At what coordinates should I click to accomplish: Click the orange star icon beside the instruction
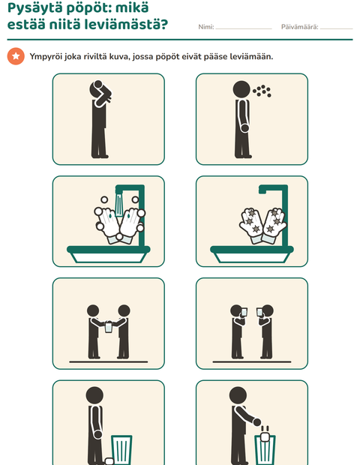coord(16,56)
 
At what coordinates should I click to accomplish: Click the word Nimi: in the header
coord(206,27)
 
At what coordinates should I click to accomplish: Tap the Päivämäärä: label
coord(299,27)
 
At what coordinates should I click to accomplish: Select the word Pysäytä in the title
coord(34,8)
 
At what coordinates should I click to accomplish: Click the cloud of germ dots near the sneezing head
coord(262,91)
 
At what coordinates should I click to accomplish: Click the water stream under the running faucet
coord(119,205)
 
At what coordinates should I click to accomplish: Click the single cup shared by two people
coord(109,327)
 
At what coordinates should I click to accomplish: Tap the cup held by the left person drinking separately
coord(244,312)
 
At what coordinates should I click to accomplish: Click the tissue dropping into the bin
coord(265,436)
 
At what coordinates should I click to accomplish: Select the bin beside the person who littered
coord(121,450)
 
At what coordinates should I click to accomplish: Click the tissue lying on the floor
coord(109,461)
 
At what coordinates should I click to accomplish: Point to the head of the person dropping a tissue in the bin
coord(238,395)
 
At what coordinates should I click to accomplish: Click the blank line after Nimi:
coord(244,28)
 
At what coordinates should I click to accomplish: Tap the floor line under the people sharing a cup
coord(109,361)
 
